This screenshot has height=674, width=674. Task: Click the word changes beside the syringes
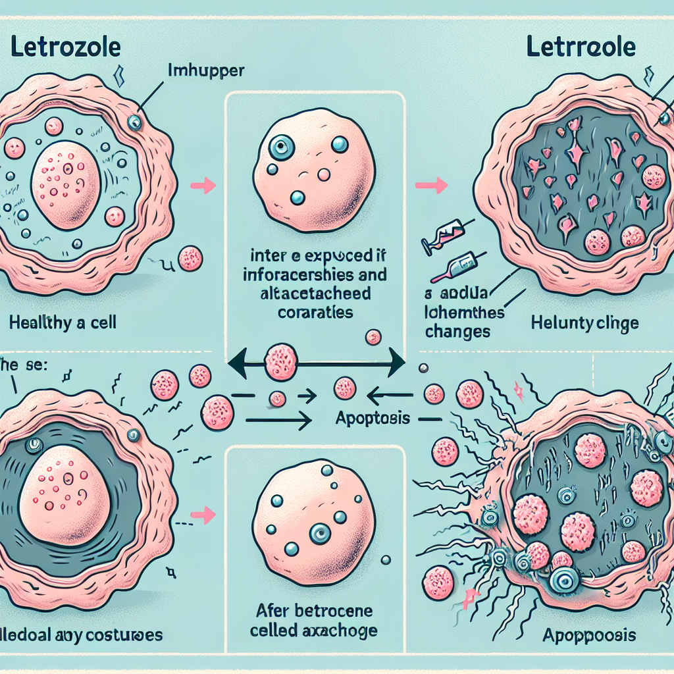[458, 330]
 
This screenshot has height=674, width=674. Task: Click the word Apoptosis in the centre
[373, 417]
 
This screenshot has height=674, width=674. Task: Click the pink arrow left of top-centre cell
[207, 186]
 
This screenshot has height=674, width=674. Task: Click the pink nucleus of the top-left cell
[65, 186]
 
